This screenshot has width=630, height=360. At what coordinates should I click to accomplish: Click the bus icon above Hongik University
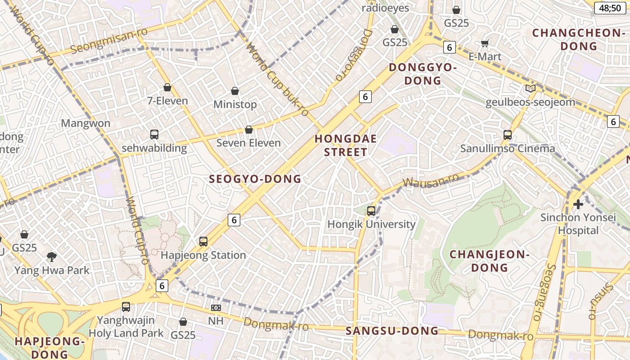(371, 211)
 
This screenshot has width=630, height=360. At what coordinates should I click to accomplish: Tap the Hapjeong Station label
(203, 255)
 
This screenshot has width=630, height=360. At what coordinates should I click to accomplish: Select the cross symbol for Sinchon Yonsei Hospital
(578, 204)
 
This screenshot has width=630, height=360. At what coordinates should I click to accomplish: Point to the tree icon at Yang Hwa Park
(52, 257)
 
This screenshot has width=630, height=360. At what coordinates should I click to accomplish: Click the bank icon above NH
(216, 308)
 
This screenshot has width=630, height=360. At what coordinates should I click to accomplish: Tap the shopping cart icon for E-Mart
(485, 43)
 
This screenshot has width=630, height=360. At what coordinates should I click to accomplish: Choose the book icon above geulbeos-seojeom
(531, 89)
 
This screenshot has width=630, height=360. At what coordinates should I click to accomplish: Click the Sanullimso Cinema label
(508, 148)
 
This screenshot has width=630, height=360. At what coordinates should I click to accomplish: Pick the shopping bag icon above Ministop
(235, 91)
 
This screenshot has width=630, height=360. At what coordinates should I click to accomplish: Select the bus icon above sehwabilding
(154, 134)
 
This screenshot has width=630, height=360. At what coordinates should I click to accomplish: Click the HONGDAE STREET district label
(346, 145)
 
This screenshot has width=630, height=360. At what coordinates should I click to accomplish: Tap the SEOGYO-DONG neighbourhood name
(255, 179)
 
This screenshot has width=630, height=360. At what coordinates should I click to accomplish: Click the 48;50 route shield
(610, 8)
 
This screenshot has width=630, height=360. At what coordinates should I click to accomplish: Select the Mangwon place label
(85, 123)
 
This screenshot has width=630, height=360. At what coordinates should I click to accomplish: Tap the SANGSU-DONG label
(392, 331)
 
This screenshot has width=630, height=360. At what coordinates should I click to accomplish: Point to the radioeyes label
(386, 8)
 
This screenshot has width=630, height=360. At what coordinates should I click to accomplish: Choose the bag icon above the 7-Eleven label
(167, 87)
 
